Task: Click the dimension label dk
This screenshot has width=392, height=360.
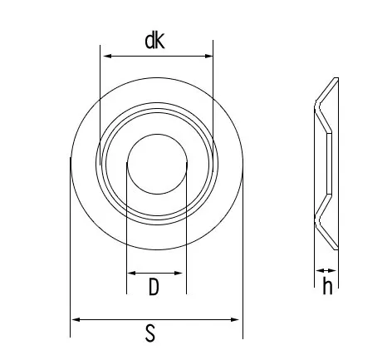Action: [x=154, y=41]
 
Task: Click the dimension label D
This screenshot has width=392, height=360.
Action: [x=154, y=287]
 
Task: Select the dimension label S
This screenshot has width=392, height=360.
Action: [x=150, y=333]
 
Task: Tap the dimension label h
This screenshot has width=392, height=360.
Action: [x=327, y=286]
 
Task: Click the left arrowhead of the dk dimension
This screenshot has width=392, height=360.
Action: [x=107, y=56]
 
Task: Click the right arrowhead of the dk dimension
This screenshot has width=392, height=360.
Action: [x=208, y=56]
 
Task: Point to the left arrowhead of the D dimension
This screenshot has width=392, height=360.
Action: [x=131, y=273]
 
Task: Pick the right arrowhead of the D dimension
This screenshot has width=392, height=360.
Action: [x=178, y=273]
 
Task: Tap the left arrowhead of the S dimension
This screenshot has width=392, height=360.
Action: [x=76, y=319]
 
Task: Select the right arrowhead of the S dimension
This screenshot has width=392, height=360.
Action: [x=235, y=319]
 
